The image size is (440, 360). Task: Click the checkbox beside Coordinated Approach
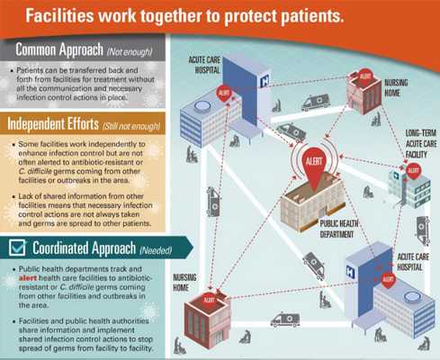[17, 247]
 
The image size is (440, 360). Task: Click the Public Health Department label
[338, 229]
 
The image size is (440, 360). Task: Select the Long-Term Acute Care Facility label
[420, 144]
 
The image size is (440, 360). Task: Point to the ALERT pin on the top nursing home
[365, 77]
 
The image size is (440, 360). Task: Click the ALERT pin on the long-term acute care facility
[413, 171]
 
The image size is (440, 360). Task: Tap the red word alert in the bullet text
[28, 278]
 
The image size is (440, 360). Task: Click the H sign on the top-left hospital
[265, 81]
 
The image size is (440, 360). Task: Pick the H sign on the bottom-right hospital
[350, 272]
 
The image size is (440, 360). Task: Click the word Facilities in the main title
[59, 15]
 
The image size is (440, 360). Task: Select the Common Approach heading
[59, 49]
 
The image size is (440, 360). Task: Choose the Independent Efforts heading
[53, 123]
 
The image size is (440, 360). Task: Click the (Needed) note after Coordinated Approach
[156, 250]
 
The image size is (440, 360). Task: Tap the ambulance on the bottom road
[285, 319]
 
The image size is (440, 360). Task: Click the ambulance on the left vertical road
[213, 202]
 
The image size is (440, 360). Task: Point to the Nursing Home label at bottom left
[184, 283]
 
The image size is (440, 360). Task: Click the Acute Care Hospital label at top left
[204, 65]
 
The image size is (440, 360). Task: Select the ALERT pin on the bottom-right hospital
[388, 280]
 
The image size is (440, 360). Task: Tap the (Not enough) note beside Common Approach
[130, 52]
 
